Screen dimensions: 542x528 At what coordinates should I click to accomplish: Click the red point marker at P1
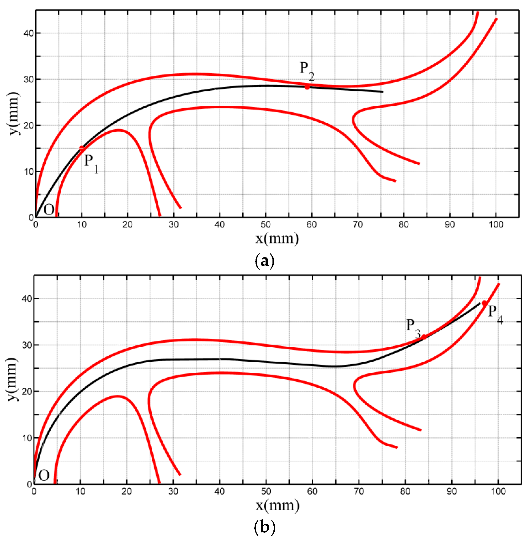coord(81,148)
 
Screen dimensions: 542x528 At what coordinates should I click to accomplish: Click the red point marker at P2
coord(307,87)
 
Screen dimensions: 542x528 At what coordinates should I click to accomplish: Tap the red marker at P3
coord(424,337)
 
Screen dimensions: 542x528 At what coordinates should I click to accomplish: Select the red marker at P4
coord(484,303)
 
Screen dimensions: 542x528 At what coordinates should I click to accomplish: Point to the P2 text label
coord(307,70)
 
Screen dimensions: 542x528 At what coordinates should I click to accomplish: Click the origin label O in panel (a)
coord(49,210)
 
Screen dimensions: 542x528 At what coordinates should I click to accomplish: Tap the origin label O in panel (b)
coord(44,475)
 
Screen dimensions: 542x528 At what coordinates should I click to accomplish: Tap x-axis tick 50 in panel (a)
coord(265,224)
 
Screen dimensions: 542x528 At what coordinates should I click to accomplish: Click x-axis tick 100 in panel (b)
coord(498,491)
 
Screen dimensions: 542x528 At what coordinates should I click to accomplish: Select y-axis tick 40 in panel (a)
coord(28,33)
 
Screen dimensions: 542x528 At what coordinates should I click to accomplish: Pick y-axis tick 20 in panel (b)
coord(27,391)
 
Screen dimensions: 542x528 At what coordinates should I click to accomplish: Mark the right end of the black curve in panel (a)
coord(383,91)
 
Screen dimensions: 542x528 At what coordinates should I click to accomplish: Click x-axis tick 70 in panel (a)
coord(357,224)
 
